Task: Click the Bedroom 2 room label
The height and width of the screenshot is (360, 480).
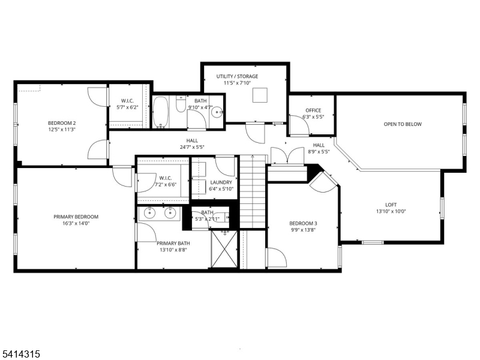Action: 62,123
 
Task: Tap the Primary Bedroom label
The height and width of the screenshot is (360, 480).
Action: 76,217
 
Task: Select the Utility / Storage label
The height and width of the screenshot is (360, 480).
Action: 238,76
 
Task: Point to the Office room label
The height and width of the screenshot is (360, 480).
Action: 313,110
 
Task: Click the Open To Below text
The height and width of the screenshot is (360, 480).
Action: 403,124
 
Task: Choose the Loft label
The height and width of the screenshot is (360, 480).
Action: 391,204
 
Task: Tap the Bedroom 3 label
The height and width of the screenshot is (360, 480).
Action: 303,224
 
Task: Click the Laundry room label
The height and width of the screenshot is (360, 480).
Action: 221,182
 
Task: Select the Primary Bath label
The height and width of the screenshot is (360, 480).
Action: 173,243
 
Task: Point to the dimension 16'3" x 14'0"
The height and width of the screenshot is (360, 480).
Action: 76,223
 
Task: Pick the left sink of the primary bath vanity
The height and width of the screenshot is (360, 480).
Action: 151,212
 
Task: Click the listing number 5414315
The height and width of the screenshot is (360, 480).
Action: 22,355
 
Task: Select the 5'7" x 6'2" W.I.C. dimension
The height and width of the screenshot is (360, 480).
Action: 127,107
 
